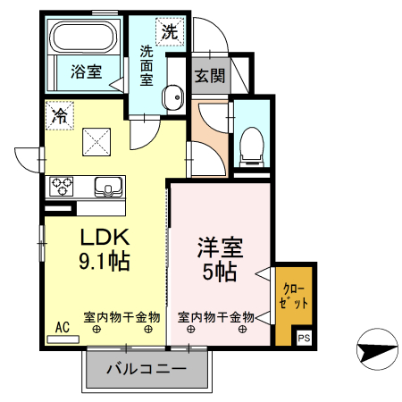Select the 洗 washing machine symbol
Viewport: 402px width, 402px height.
[x=168, y=32]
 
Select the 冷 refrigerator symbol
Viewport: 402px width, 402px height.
[x=60, y=114]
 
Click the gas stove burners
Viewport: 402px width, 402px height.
[x=62, y=187]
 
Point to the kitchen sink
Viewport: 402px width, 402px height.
[x=109, y=188]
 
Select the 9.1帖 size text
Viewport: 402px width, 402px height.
[x=106, y=262]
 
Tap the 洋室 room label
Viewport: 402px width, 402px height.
[x=221, y=247]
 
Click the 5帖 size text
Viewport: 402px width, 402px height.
[x=220, y=272]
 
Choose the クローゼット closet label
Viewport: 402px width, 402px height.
[x=296, y=294]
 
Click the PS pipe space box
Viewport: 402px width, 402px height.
[x=304, y=338]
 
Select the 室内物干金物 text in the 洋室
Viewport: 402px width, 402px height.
[x=217, y=316]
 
